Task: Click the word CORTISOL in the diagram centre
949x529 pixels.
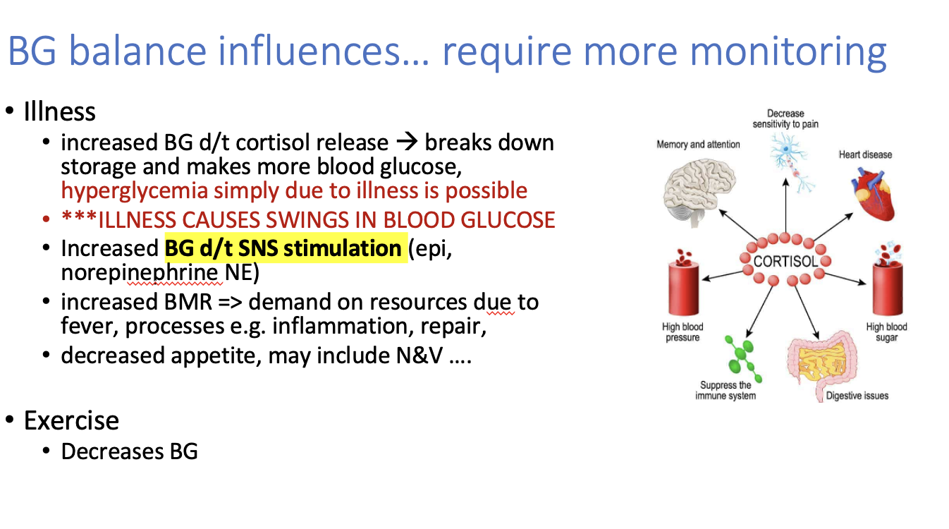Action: (785, 262)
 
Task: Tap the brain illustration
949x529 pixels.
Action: (699, 193)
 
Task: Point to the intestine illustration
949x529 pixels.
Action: (822, 365)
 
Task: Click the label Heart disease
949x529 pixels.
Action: (866, 154)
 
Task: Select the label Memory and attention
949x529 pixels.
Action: (698, 145)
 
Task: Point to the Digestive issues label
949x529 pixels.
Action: (857, 396)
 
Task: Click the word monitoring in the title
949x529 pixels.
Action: (788, 51)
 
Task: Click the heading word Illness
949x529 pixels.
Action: (60, 112)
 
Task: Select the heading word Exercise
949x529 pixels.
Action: (71, 421)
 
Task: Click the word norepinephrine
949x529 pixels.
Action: (140, 272)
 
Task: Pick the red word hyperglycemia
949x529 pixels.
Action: (134, 191)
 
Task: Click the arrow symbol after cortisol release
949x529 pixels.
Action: (407, 142)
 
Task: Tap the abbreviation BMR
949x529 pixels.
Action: (188, 302)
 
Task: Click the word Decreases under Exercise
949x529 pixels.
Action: (112, 451)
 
